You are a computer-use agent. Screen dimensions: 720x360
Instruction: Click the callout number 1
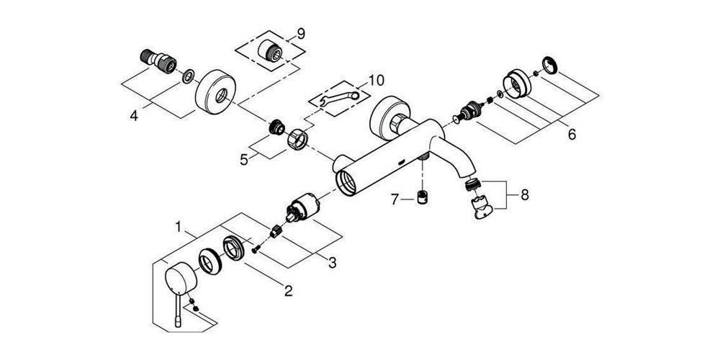(179, 226)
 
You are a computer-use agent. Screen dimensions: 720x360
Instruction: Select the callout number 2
(289, 291)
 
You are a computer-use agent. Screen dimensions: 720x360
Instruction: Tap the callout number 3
(333, 263)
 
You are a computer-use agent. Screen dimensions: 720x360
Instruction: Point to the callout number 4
(134, 116)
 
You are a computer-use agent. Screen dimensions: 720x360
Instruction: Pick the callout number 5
(244, 160)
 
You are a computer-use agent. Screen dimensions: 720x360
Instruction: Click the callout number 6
(572, 135)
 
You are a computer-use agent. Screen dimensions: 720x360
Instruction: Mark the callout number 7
(395, 199)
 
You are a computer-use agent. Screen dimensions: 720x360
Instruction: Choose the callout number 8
(524, 195)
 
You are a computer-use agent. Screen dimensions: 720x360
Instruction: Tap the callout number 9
(301, 34)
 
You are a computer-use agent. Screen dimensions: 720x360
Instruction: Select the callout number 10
(375, 81)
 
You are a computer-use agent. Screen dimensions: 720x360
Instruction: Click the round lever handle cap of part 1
(181, 279)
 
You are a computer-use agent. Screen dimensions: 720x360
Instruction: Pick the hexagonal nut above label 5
(297, 138)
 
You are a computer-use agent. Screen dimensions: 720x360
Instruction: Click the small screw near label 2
(256, 249)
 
